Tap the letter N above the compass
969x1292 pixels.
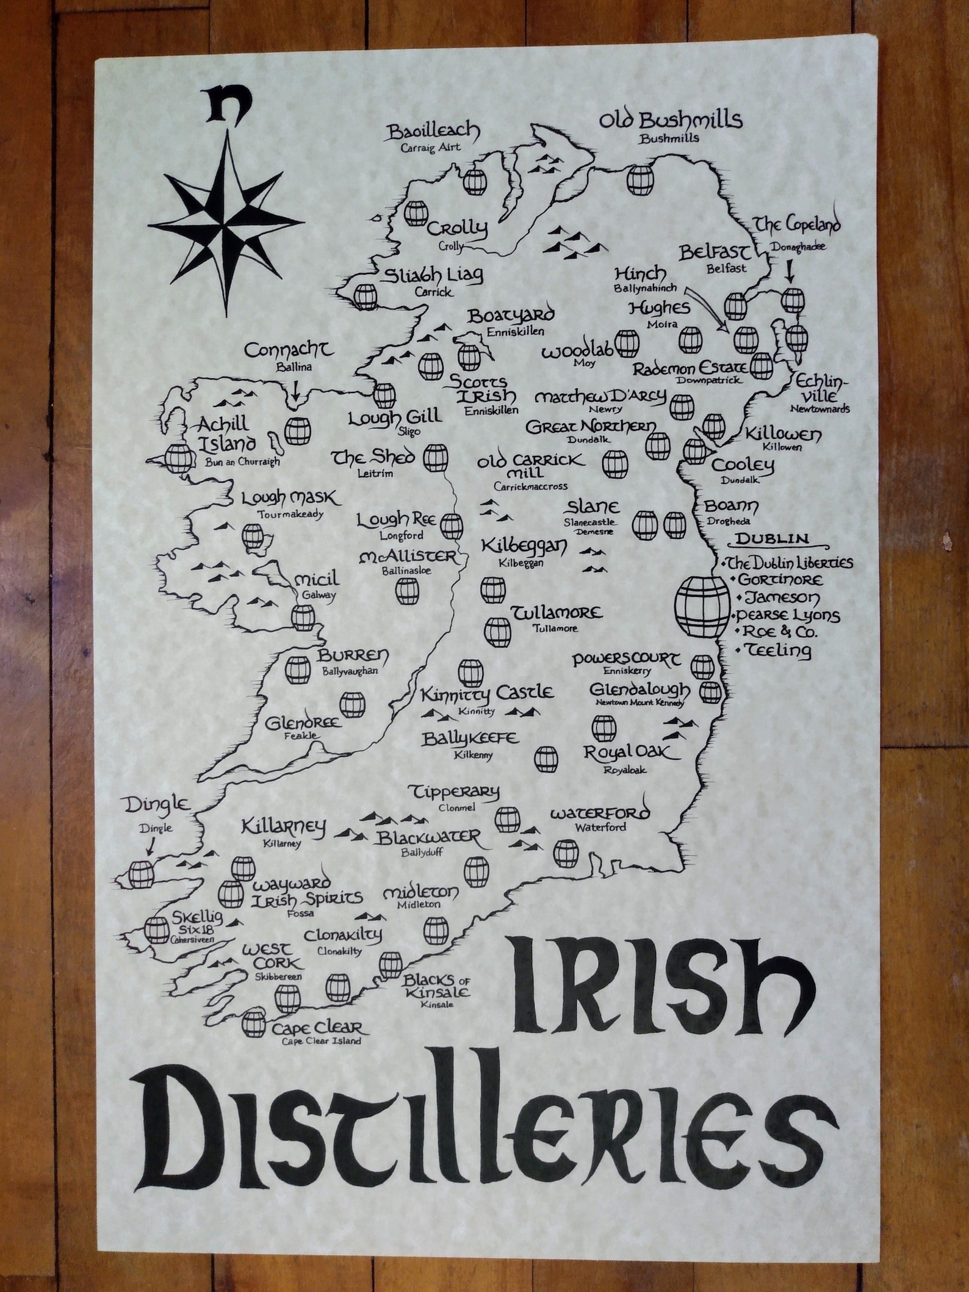click(222, 105)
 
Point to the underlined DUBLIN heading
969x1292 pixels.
click(773, 539)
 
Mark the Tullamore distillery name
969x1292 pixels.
click(557, 613)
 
